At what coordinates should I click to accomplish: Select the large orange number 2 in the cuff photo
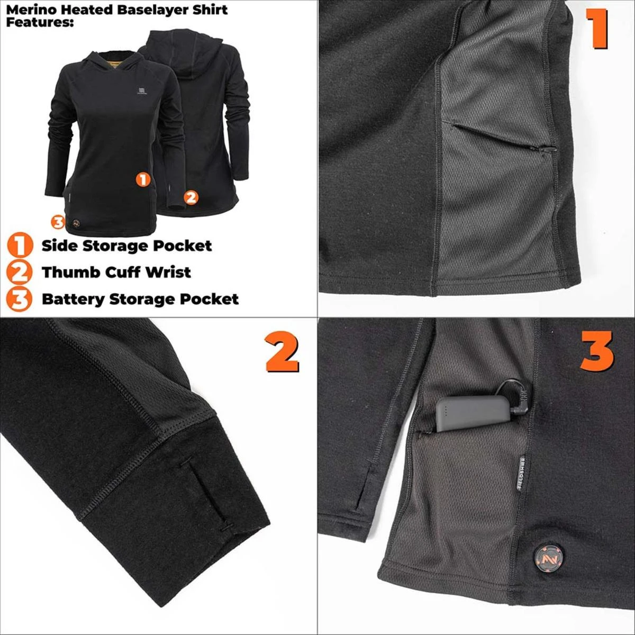pos(282,353)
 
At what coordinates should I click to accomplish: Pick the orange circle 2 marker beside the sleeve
pos(190,197)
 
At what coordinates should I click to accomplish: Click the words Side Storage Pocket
pos(126,246)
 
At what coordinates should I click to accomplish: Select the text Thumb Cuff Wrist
pos(116,272)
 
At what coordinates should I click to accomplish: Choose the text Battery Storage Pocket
pos(140,299)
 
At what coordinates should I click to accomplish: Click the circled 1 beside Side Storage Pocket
pos(19,246)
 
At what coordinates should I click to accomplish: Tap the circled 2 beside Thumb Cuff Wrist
pos(19,272)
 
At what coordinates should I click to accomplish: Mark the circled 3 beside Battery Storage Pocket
pos(19,299)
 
